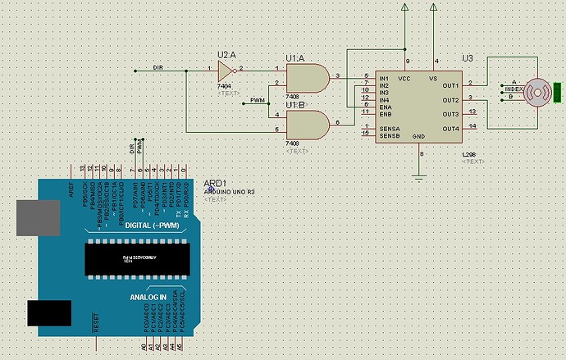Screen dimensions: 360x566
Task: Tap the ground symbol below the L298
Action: pos(420,176)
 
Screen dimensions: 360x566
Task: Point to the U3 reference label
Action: pos(467,57)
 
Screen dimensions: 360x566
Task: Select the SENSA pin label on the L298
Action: pos(389,127)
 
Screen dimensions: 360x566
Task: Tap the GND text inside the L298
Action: pos(418,135)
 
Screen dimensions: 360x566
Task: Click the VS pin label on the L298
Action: pos(432,79)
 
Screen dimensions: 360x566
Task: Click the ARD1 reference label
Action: pos(215,184)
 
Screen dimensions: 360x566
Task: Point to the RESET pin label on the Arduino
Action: pos(97,321)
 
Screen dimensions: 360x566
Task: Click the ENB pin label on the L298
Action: pos(385,113)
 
